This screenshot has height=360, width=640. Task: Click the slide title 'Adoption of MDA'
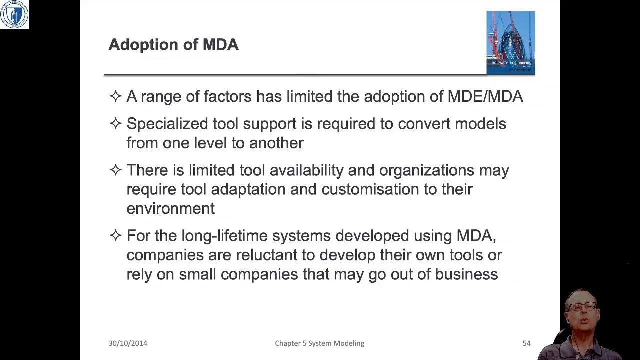tap(173, 45)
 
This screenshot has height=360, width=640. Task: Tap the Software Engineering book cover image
tap(510, 42)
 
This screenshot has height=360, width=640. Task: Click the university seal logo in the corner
tap(14, 14)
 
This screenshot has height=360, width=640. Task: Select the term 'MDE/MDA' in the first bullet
tap(485, 96)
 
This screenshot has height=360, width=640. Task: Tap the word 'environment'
tap(170, 209)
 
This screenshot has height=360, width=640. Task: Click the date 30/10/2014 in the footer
tap(128, 343)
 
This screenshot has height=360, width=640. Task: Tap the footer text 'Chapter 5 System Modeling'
tap(319, 343)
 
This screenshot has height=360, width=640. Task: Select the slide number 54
tap(526, 343)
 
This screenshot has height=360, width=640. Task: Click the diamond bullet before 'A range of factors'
tap(115, 96)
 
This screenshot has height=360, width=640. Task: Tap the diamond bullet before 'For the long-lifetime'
tap(115, 235)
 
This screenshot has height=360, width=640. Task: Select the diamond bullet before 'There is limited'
tap(115, 170)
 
